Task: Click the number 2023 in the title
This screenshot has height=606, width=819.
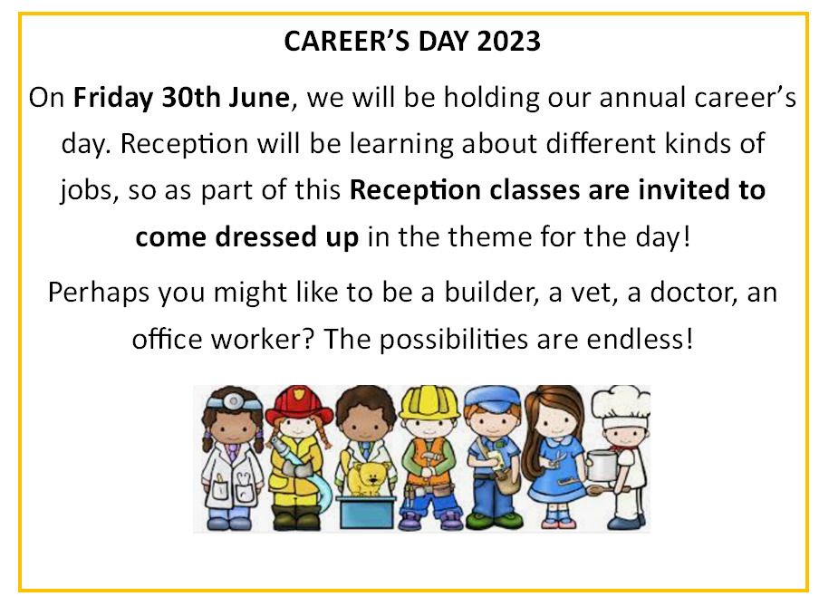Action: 508,42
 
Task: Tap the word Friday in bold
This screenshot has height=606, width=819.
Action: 113,98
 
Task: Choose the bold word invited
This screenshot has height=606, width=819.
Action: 684,189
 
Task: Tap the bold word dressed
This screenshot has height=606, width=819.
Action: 266,236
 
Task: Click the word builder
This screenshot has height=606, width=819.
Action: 491,292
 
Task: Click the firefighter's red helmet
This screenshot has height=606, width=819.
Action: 299,404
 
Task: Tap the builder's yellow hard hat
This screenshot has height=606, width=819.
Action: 429,402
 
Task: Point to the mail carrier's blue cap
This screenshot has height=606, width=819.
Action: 493,398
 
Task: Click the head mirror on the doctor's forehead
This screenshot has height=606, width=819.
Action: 233,402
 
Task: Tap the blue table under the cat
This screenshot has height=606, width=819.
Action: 366,513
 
